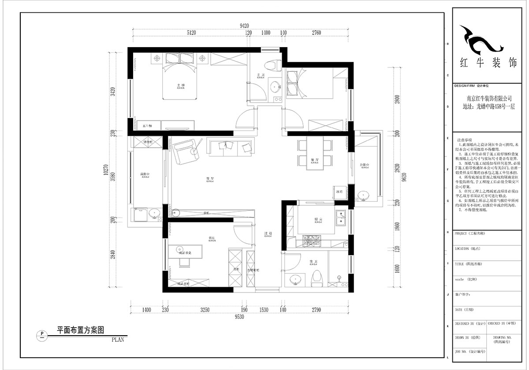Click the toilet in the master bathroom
(276, 65)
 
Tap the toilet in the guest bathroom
(317, 277)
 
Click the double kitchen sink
(342, 217)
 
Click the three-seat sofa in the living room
(231, 148)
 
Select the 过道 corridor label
(267, 233)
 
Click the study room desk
(185, 252)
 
